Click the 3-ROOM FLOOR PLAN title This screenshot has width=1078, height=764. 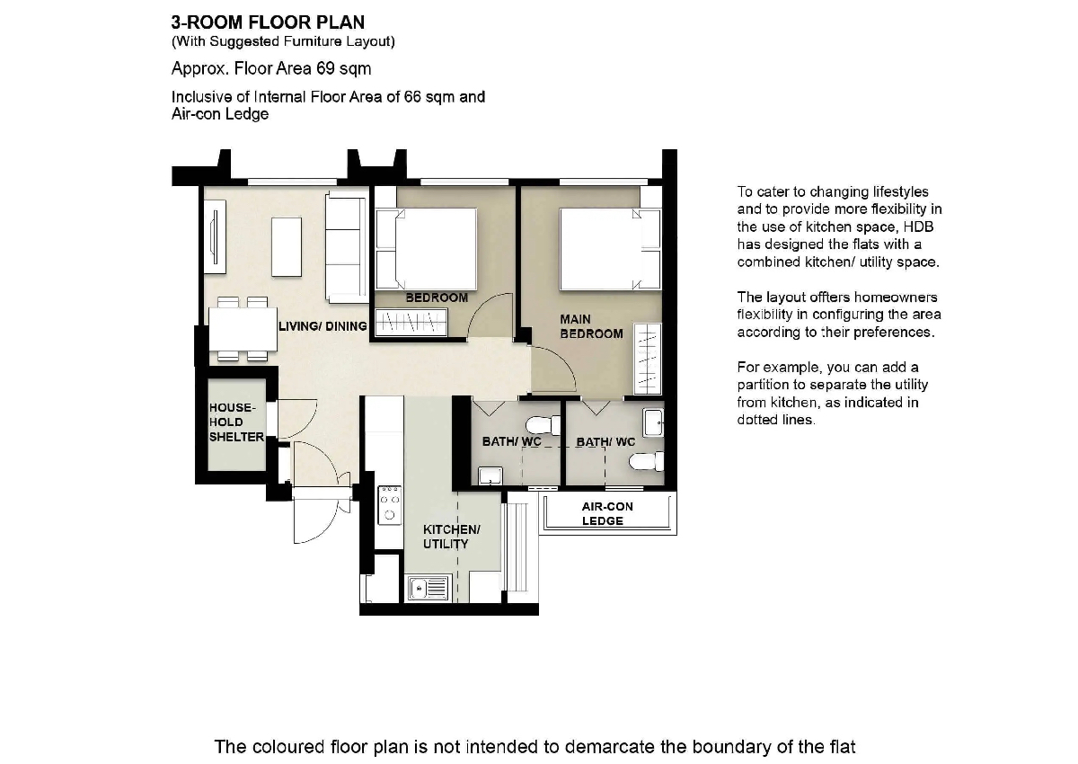(x=268, y=22)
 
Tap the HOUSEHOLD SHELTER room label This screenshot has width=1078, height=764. (x=235, y=422)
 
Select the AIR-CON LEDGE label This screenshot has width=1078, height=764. (x=607, y=513)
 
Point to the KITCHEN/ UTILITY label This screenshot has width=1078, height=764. (x=451, y=537)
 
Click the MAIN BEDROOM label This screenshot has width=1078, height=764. (x=591, y=326)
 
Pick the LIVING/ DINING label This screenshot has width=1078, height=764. (x=323, y=326)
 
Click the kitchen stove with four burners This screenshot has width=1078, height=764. (x=389, y=504)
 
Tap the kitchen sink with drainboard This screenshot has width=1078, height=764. (x=429, y=588)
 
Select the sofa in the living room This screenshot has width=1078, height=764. (x=347, y=247)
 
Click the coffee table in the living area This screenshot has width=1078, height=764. (x=287, y=247)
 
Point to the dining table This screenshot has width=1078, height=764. (x=243, y=329)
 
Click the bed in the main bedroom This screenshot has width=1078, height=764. (x=610, y=249)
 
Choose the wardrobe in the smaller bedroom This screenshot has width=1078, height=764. (x=411, y=322)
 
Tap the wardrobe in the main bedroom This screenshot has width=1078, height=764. (x=648, y=360)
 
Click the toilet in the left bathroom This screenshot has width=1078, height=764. (x=543, y=425)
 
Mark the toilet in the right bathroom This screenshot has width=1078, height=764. (x=646, y=462)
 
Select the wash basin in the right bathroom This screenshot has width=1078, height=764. (x=653, y=422)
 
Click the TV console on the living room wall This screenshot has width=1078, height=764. (x=215, y=237)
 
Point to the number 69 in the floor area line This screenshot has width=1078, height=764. (x=325, y=69)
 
